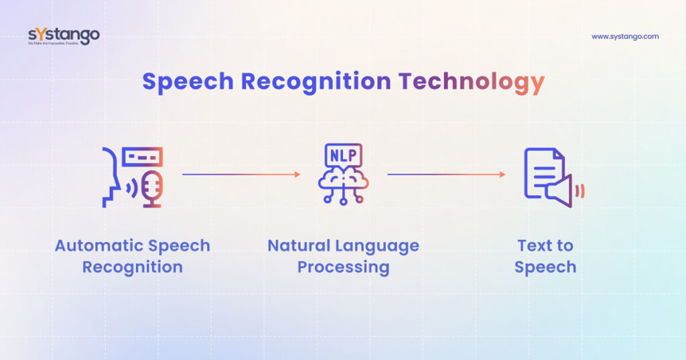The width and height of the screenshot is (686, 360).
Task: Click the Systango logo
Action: [x=64, y=36]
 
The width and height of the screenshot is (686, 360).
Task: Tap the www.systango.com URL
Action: [x=625, y=37]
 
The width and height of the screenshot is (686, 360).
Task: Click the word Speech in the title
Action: [x=188, y=82]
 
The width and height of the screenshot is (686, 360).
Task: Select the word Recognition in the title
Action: [x=316, y=82]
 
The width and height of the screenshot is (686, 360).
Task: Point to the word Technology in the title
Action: [x=471, y=82]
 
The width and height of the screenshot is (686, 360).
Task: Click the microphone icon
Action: [x=153, y=189]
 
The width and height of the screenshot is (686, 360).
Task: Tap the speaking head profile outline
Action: [x=111, y=178]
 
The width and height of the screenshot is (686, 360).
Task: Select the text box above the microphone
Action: [x=142, y=157]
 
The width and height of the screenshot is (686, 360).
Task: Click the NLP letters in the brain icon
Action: [x=344, y=156]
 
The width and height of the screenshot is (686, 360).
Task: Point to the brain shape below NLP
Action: [x=344, y=180]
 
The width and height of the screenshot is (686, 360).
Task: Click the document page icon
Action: [x=543, y=173]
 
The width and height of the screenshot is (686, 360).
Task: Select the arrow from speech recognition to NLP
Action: [x=241, y=174]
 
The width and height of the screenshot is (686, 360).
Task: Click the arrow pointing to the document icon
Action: [x=446, y=174]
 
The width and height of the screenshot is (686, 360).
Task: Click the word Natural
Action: [x=299, y=245]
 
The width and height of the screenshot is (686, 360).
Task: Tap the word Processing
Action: [x=344, y=267]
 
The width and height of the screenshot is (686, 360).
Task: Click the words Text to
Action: [x=545, y=245]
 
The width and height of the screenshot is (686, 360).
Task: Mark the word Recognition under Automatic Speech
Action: [x=133, y=267]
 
